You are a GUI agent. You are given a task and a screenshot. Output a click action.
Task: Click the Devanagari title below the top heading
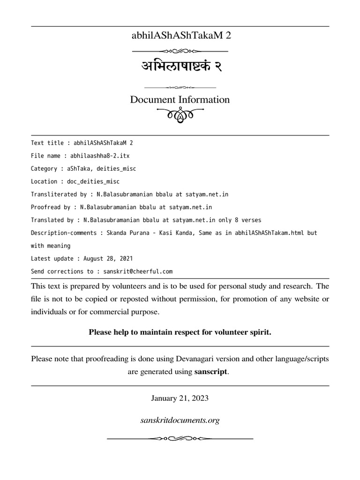tap(180, 67)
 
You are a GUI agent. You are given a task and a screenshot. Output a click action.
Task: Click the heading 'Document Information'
tap(180, 100)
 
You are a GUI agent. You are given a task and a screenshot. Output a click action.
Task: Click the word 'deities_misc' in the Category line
tap(116, 168)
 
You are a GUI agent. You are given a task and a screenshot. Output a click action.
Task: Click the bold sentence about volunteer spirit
tap(180, 332)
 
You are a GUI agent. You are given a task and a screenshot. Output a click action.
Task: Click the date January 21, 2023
tap(180, 398)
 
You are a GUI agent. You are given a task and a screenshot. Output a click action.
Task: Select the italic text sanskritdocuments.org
tap(180, 420)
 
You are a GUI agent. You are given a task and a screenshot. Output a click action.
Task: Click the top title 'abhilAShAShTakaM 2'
tap(180, 36)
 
